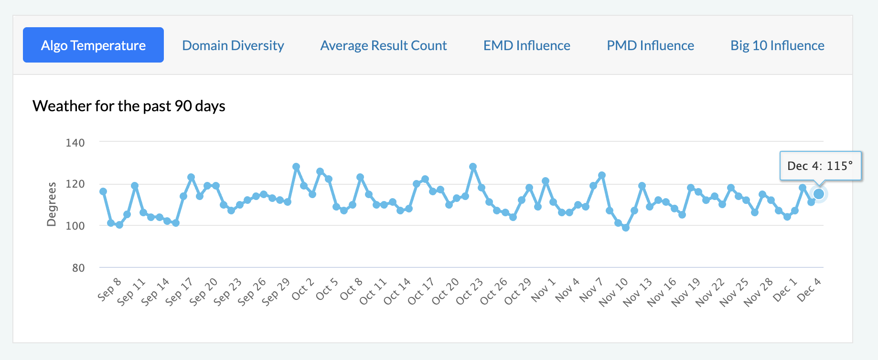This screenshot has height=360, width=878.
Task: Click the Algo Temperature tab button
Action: click(x=93, y=45)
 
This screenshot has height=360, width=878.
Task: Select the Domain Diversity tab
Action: click(x=233, y=45)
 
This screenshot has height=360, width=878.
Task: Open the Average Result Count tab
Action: click(x=384, y=45)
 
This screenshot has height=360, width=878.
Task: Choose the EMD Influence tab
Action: click(x=527, y=45)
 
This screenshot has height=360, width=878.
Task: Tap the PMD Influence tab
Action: click(x=650, y=45)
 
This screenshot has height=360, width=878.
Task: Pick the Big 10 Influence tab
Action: click(x=777, y=45)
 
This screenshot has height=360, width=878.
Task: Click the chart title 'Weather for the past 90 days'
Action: click(x=129, y=106)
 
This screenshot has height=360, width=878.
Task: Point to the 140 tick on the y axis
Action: click(x=75, y=143)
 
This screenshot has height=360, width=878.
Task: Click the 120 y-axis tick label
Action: click(x=75, y=184)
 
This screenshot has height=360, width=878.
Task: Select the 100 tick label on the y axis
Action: click(x=75, y=226)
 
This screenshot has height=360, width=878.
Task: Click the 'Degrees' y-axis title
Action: click(x=52, y=204)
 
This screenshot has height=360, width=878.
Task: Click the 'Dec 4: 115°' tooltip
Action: click(x=820, y=166)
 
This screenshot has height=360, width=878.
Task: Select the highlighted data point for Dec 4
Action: click(x=819, y=194)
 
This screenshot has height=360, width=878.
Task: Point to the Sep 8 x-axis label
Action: click(x=109, y=289)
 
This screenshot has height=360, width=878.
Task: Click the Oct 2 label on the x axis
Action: click(x=303, y=289)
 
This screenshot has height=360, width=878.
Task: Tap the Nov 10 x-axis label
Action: click(x=613, y=292)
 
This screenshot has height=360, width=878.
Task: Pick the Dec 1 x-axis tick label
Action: click(x=785, y=289)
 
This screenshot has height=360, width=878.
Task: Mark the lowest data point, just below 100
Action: click(x=626, y=228)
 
